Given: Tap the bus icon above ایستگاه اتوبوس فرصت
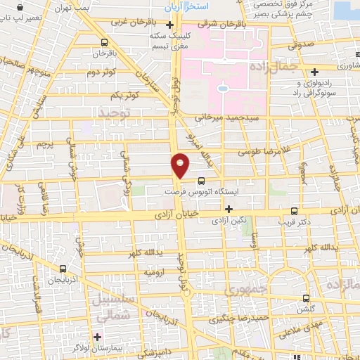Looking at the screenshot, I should click(202, 179).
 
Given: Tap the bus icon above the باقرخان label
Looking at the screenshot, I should click(105, 41).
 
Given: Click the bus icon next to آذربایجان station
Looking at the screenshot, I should click(63, 269).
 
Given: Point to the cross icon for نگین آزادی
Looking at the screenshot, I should click(229, 209).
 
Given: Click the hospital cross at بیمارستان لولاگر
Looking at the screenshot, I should click(97, 337).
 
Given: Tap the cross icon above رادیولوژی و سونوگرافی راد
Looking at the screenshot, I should click(315, 71).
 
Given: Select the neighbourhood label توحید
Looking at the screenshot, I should click(115, 112).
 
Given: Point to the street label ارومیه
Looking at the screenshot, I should click(154, 271).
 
